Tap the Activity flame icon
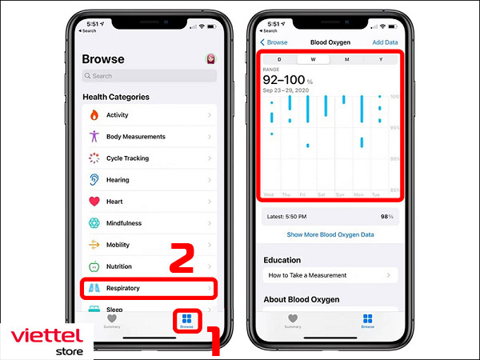94,115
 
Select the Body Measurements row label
135,137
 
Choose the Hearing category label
118,180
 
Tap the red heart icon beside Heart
94,202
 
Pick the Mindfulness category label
124,223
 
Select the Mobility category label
118,245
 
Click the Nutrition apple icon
94,266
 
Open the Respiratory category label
125,288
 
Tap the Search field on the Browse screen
148,76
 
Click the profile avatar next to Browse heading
210,59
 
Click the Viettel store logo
46,339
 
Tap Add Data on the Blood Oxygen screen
385,42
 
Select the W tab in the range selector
313,59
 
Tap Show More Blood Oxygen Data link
330,235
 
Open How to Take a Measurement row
308,275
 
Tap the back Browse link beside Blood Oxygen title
274,42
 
